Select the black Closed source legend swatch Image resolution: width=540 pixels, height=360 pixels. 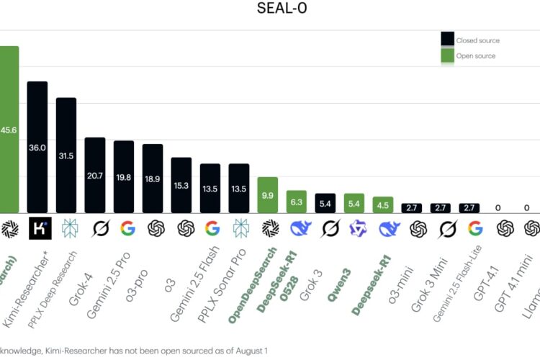(x=447, y=39)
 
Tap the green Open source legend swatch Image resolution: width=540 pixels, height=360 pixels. (x=447, y=55)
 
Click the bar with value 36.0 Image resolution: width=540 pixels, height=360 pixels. (x=37, y=147)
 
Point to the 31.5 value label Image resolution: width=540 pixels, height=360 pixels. (x=66, y=156)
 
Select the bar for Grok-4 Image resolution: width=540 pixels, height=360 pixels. (x=95, y=175)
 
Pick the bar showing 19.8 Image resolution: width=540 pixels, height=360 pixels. (x=124, y=176)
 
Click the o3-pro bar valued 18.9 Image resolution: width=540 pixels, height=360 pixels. (x=153, y=178)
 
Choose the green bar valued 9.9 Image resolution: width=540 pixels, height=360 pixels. (x=268, y=194)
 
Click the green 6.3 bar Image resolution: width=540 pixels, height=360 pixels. (x=297, y=202)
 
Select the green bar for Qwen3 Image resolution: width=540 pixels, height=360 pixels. (x=354, y=203)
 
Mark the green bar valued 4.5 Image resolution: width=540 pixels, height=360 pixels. (x=383, y=204)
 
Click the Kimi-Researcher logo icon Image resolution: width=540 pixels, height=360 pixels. (x=37, y=229)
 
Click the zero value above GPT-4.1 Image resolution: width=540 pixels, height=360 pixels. (x=498, y=208)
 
